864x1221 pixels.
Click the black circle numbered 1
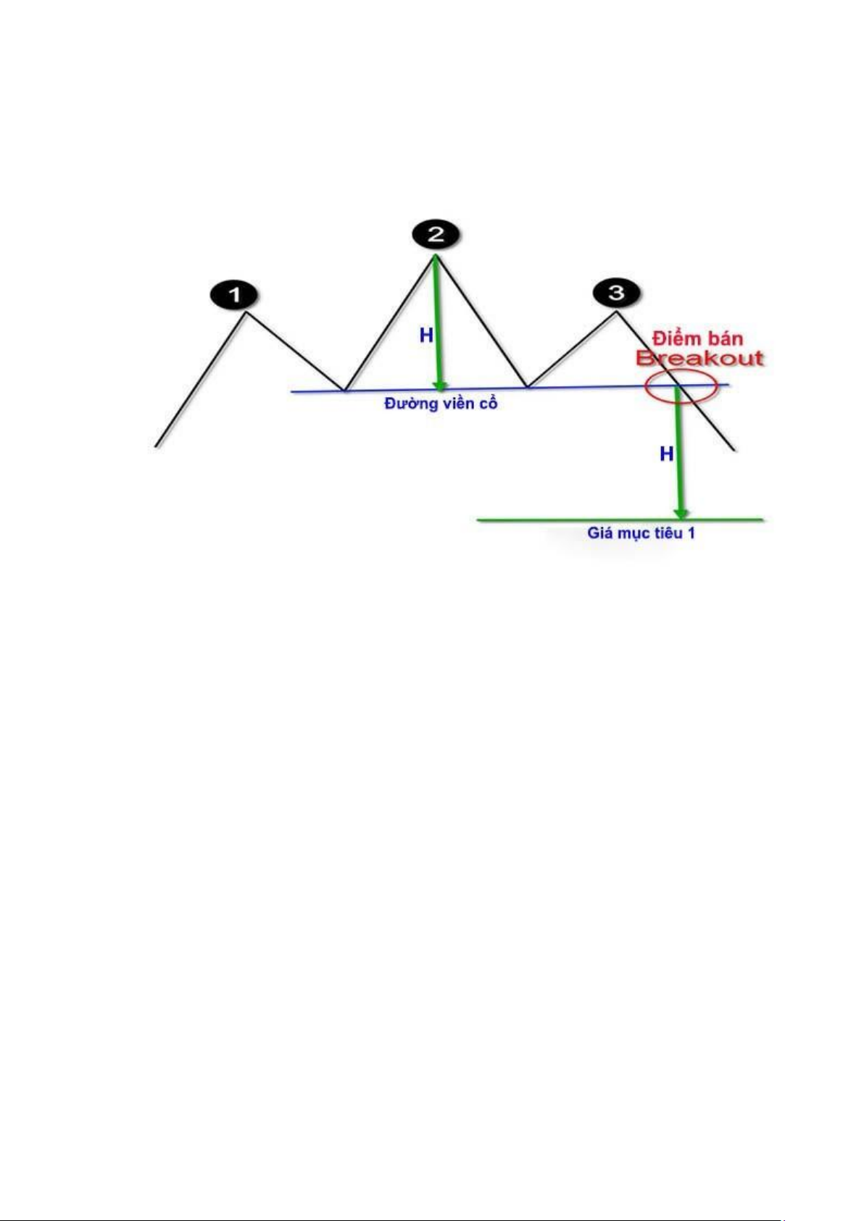pos(234,295)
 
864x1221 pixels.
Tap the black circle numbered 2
pos(435,234)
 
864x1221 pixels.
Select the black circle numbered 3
pos(616,293)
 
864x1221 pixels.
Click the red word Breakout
pos(699,359)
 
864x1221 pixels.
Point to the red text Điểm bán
pos(697,338)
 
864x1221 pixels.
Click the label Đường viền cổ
pos(441,404)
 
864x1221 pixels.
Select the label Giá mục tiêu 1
pos(641,533)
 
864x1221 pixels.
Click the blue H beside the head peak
pos(426,335)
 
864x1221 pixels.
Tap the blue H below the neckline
pos(666,454)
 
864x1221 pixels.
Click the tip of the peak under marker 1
pos(246,312)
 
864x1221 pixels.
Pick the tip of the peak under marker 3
pos(617,312)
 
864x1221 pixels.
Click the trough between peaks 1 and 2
pos(345,391)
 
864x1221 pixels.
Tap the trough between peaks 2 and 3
pos(527,387)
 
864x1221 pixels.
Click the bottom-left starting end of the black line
pos(157,446)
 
